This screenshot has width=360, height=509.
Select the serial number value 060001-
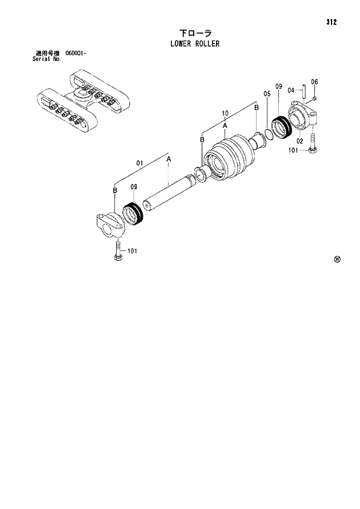[x=76, y=53]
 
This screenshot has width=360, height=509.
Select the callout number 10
[x=225, y=113]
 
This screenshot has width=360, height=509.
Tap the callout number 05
[x=267, y=94]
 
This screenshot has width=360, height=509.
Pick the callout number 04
[x=291, y=90]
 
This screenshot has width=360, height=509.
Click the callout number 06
[x=314, y=82]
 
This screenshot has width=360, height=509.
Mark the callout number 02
[x=300, y=141]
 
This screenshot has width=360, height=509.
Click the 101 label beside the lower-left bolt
[x=132, y=251]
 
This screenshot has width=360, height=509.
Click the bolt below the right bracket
[x=313, y=143]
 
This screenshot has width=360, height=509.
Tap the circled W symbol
[x=337, y=259]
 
